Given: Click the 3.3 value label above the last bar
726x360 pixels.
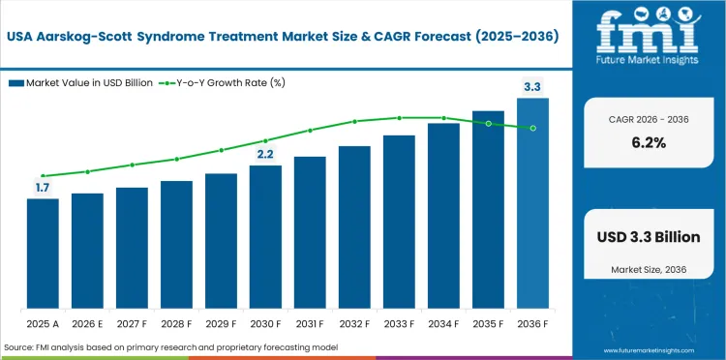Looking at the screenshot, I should click(x=532, y=88).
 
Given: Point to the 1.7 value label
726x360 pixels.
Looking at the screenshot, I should click(x=43, y=188).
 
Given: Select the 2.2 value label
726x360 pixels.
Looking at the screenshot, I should click(x=265, y=155).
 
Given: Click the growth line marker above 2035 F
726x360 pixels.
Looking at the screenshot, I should click(x=488, y=123).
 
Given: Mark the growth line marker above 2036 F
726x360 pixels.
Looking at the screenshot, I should click(x=532, y=128).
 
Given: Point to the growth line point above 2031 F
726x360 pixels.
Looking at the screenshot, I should click(x=310, y=130).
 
